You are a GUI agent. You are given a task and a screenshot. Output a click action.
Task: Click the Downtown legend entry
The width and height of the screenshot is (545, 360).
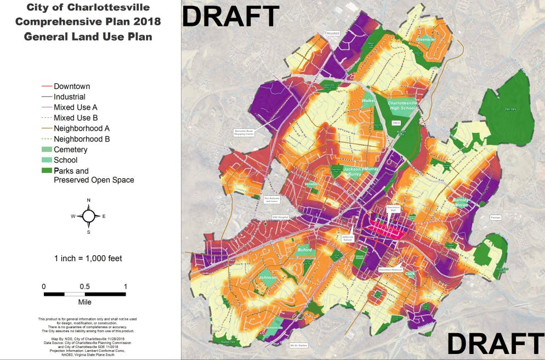71,86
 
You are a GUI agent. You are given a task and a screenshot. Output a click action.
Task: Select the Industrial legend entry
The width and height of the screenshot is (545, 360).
69,97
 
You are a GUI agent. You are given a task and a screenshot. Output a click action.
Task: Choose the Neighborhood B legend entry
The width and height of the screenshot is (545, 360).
81,139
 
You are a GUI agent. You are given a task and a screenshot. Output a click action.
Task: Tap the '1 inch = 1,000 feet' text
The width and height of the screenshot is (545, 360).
88,258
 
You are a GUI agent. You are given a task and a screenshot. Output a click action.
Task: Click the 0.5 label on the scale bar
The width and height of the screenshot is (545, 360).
84,286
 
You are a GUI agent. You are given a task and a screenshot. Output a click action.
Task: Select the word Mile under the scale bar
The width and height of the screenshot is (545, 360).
84,302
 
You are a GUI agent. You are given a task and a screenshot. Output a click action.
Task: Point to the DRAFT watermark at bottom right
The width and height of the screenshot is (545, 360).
495,344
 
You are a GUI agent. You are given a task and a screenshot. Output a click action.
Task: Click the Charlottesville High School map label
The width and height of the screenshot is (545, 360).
402,105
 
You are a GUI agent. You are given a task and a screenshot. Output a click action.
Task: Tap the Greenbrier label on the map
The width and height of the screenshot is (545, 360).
425,40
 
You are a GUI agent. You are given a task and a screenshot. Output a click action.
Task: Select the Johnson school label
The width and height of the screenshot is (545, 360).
268,278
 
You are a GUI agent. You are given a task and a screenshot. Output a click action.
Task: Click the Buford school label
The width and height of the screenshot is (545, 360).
304,250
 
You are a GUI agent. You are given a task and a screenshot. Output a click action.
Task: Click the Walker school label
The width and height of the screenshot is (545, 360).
368,100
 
